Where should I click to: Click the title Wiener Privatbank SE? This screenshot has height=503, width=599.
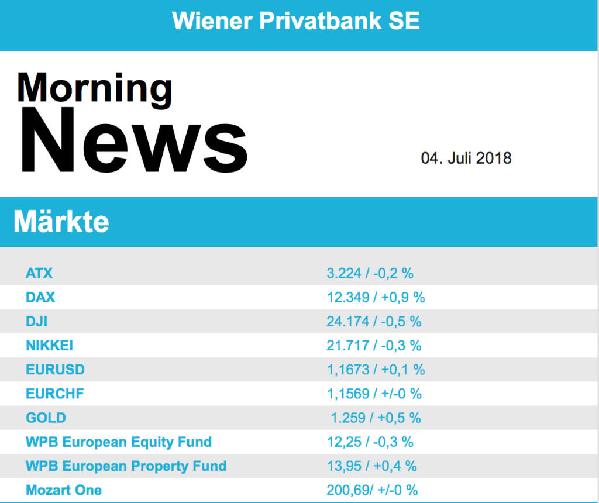[296, 22]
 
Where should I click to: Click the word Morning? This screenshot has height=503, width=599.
[95, 88]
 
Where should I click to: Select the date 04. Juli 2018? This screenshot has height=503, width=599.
[466, 158]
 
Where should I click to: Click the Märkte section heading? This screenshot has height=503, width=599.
[61, 222]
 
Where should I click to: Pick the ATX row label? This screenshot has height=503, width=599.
[39, 273]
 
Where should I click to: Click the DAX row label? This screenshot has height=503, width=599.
[40, 297]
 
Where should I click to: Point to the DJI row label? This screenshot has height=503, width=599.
[36, 321]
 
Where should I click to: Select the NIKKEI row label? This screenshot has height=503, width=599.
[50, 346]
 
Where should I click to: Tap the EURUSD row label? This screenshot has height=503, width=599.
[56, 370]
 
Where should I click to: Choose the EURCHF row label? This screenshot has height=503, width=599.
[55, 394]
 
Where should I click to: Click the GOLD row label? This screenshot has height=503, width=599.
[46, 418]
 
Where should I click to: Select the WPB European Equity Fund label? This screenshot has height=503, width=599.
[119, 442]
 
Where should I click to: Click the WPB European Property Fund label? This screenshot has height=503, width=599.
[126, 466]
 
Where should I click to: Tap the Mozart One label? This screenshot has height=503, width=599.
[64, 490]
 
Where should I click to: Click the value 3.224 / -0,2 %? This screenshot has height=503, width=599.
[370, 273]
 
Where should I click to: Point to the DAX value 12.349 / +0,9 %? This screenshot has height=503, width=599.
[376, 297]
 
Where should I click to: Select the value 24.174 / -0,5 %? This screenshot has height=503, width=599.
[374, 321]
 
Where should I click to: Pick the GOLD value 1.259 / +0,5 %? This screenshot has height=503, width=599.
[376, 418]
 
